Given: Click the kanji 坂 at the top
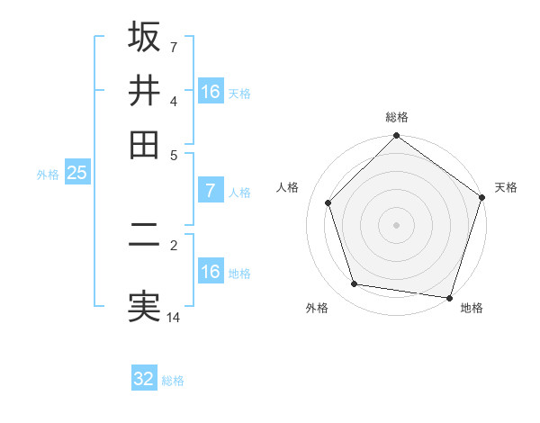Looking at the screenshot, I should pyautogui.click(x=144, y=38).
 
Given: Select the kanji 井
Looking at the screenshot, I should pyautogui.click(x=144, y=90).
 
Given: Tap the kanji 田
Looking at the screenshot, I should pyautogui.click(x=144, y=143).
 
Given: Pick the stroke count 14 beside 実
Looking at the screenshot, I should pyautogui.click(x=174, y=318).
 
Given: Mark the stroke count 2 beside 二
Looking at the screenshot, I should pyautogui.click(x=173, y=244).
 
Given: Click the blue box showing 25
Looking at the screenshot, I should pyautogui.click(x=76, y=173).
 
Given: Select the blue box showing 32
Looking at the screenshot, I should pyautogui.click(x=144, y=379).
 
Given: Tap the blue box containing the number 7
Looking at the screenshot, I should pyautogui.click(x=210, y=191).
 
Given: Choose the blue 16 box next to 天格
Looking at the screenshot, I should pyautogui.click(x=210, y=92).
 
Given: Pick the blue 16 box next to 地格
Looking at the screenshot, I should pyautogui.click(x=210, y=272).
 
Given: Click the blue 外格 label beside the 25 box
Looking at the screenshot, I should pyautogui.click(x=48, y=175).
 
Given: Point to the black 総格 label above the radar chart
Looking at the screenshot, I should pyautogui.click(x=397, y=117).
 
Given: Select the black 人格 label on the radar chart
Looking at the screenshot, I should pyautogui.click(x=288, y=187).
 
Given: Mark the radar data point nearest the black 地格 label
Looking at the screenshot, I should pyautogui.click(x=449, y=296).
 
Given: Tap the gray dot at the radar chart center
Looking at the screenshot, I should pyautogui.click(x=396, y=224).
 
